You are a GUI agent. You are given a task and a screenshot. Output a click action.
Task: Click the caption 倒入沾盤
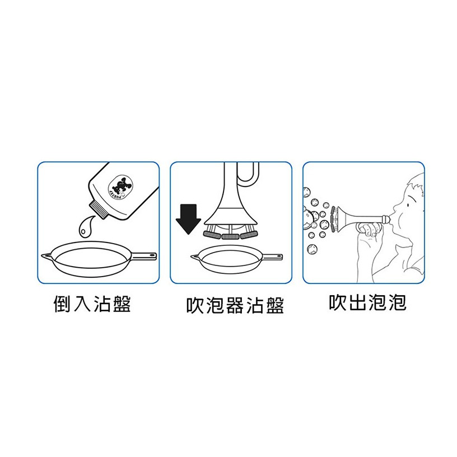pyautogui.click(x=92, y=304)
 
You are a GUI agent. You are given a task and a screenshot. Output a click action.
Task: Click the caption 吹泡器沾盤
pyautogui.click(x=235, y=305)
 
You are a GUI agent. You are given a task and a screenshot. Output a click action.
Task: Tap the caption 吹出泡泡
pyautogui.click(x=368, y=302)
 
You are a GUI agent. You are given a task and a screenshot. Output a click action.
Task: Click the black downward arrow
pyautogui.click(x=188, y=219)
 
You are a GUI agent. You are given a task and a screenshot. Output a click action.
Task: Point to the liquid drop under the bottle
pyautogui.click(x=85, y=226)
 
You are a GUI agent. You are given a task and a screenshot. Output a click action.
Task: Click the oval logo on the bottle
pyautogui.click(x=120, y=187)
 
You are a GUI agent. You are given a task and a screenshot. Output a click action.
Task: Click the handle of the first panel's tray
pyautogui.click(x=144, y=256)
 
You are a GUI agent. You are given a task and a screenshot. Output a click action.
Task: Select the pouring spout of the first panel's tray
pyautogui.click(x=45, y=256)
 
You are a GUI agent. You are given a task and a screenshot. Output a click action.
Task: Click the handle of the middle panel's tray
pyautogui.click(x=273, y=257)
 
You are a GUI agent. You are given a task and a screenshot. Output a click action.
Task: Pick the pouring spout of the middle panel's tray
pyautogui.click(x=194, y=257)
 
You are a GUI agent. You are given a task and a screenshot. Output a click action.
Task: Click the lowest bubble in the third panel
pyautogui.click(x=312, y=249)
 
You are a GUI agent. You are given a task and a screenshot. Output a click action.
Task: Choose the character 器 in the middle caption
pyautogui.click(x=235, y=305)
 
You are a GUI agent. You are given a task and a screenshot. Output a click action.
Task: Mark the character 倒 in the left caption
pyautogui.click(x=62, y=304)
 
